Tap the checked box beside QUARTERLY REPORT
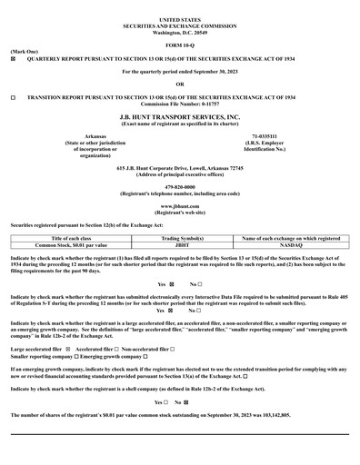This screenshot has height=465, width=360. click(13, 59)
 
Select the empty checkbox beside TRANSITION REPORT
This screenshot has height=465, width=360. click(13, 94)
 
